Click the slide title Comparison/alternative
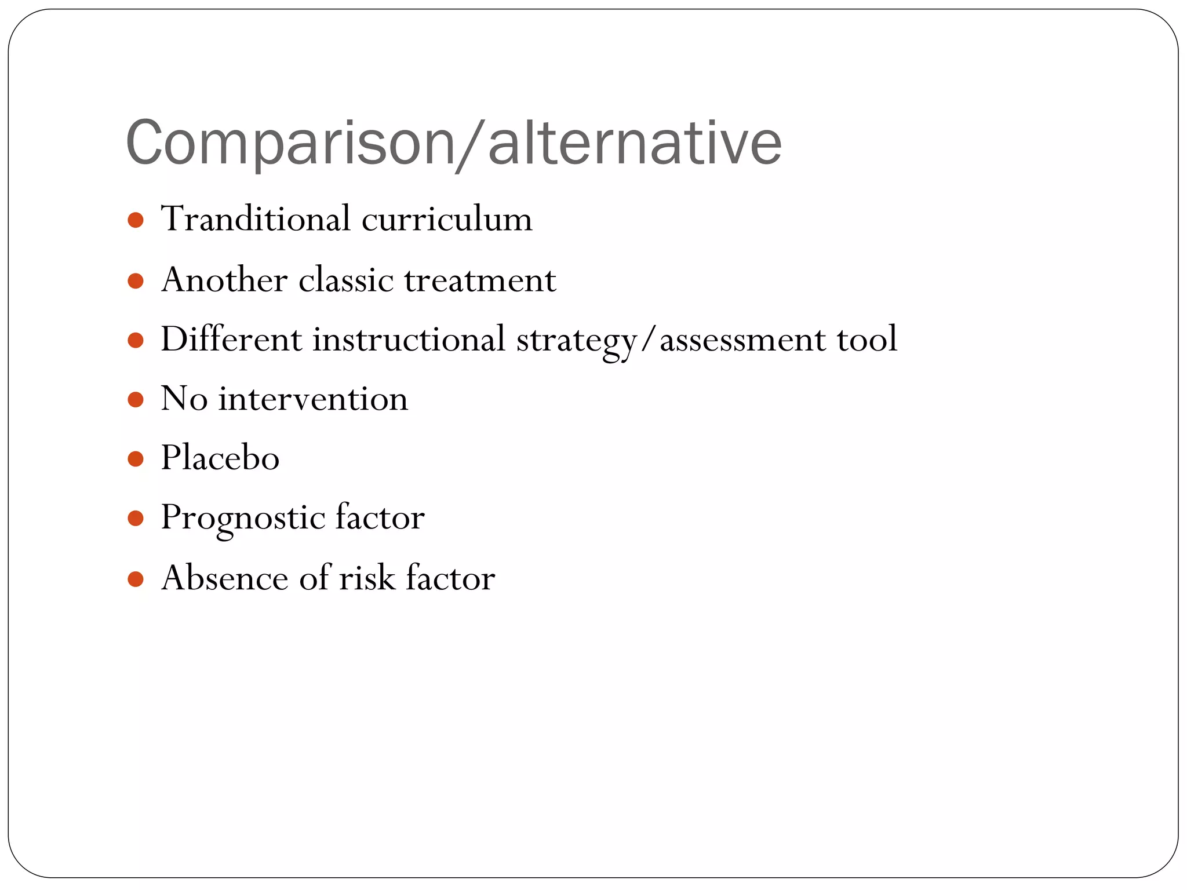point(453,143)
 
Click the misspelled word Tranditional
point(256,219)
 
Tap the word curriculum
point(446,219)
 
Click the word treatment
point(480,280)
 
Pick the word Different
point(231,339)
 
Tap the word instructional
point(409,339)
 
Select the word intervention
point(313,399)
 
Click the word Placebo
point(220,458)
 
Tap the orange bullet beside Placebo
point(136,459)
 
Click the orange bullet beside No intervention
point(136,400)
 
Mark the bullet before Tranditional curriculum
point(136,220)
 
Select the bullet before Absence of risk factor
point(136,579)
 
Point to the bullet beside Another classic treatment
point(136,282)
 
